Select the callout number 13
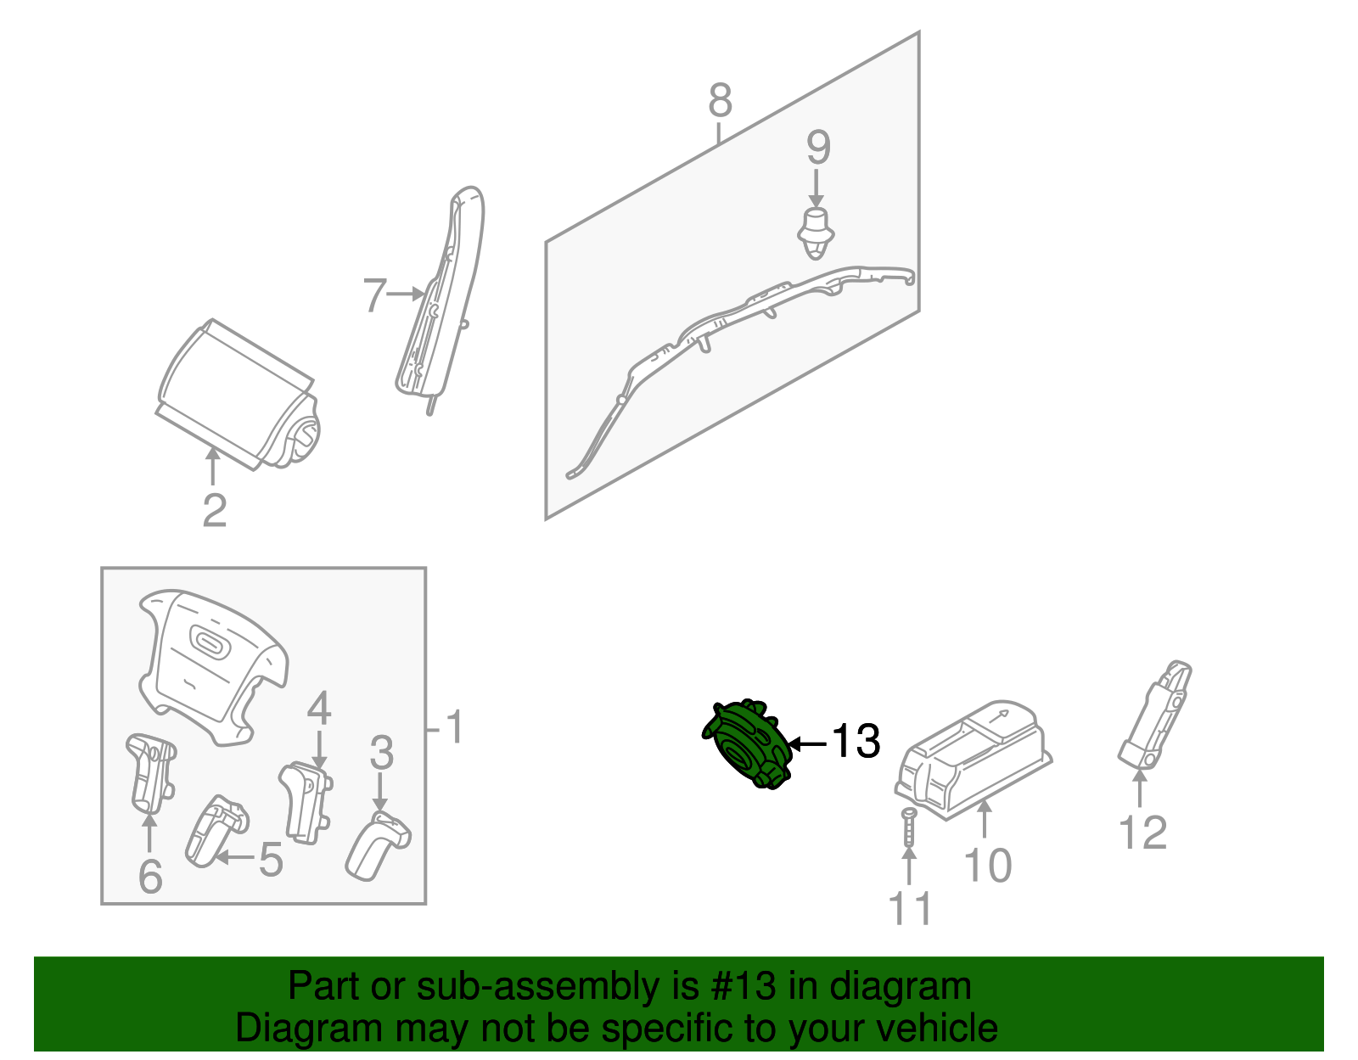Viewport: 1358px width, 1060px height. [x=855, y=741]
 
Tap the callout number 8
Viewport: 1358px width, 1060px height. [x=720, y=101]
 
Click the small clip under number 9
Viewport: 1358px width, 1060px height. [x=816, y=232]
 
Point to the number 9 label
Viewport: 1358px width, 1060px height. [x=817, y=149]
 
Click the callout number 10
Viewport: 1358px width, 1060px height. [x=987, y=866]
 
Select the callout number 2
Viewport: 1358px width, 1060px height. [x=215, y=510]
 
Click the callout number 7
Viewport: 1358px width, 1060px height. [x=374, y=295]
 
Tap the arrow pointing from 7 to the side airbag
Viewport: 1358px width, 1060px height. [x=406, y=294]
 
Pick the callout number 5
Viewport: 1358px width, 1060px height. [x=271, y=860]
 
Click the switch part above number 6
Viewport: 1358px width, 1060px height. [x=151, y=771]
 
